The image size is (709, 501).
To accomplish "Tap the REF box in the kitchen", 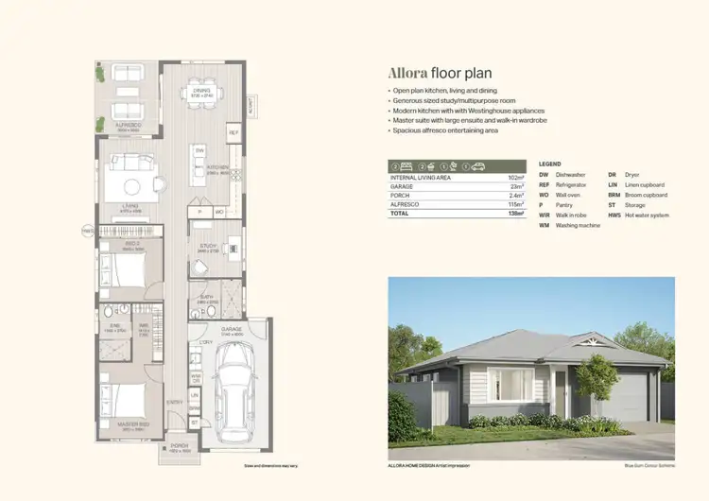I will [x=233, y=133].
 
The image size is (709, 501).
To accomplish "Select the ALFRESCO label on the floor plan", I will [x=128, y=125].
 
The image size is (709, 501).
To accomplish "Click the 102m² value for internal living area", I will [x=514, y=178].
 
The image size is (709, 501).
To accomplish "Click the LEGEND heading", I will [x=550, y=164].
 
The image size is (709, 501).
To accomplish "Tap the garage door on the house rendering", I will [x=628, y=397].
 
